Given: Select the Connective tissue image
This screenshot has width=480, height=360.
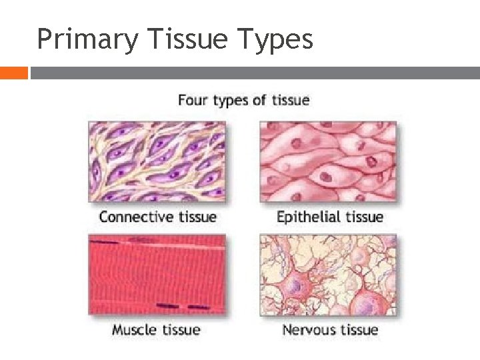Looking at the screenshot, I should click(x=157, y=161).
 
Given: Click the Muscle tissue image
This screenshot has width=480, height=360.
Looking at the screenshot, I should click(x=157, y=275).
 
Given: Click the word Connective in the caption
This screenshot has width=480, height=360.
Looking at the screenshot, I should click(x=133, y=217).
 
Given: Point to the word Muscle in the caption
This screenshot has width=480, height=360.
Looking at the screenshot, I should click(x=134, y=330).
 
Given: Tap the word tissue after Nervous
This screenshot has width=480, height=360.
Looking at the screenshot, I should click(x=359, y=329).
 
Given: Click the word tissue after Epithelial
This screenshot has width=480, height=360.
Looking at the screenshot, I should click(x=363, y=217).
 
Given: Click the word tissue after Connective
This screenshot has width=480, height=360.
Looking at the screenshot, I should click(x=193, y=217).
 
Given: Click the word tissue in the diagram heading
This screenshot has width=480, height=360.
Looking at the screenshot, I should click(x=289, y=100).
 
